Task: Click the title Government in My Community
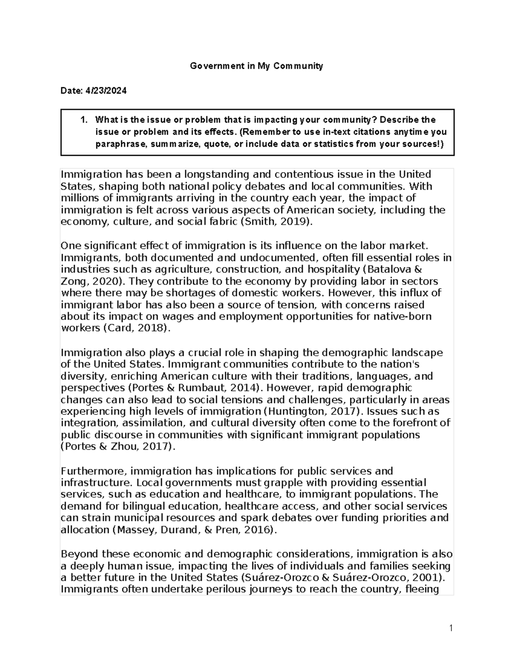[257, 66]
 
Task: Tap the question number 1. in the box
[84, 119]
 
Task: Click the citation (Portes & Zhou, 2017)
[118, 447]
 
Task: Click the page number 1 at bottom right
[451, 628]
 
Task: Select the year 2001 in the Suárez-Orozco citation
[429, 577]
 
